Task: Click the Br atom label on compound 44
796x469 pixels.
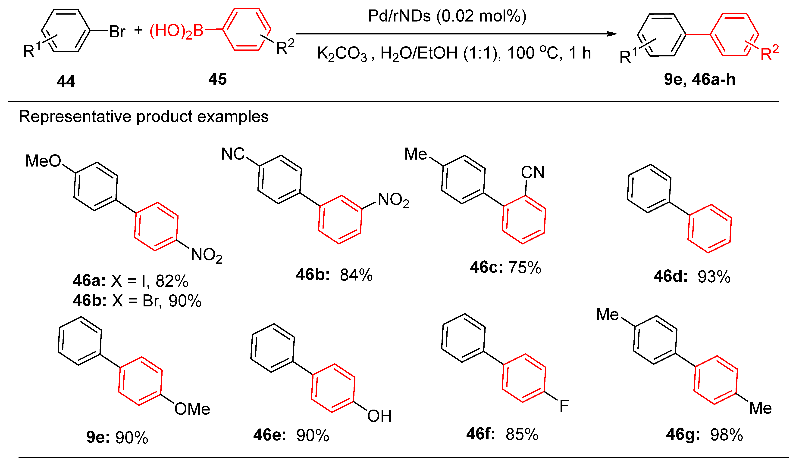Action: point(117,32)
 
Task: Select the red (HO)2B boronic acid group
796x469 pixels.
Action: point(176,31)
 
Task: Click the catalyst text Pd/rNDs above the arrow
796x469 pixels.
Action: point(399,16)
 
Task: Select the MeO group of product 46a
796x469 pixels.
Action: point(43,161)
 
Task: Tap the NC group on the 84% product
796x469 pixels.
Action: point(233,154)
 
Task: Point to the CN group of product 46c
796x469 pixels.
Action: point(533,172)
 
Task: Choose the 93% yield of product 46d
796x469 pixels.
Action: point(714,277)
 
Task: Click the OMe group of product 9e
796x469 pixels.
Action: point(192,409)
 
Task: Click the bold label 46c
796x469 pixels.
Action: point(486,267)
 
